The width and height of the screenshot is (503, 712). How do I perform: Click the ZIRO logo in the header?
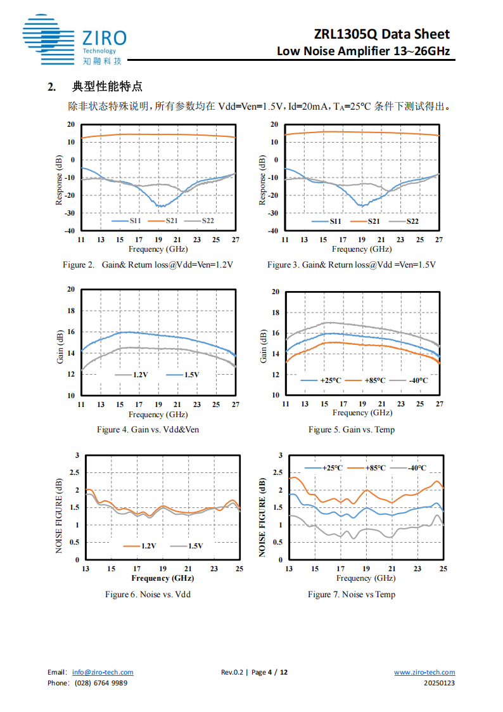tap(73, 40)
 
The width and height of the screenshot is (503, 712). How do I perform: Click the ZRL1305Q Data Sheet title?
tap(381, 34)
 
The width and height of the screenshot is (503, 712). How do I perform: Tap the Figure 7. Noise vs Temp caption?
tap(352, 594)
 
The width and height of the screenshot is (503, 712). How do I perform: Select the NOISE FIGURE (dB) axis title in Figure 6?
tap(59, 507)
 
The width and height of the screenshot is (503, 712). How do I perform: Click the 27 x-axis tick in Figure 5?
tap(439, 404)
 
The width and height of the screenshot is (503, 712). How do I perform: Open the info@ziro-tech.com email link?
tap(103, 673)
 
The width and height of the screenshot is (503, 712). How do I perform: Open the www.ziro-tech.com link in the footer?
tap(424, 673)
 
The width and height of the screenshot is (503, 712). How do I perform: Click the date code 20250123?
tap(439, 683)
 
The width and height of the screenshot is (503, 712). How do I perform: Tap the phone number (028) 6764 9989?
tap(101, 683)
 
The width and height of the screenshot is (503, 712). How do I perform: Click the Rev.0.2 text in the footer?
tap(232, 673)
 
